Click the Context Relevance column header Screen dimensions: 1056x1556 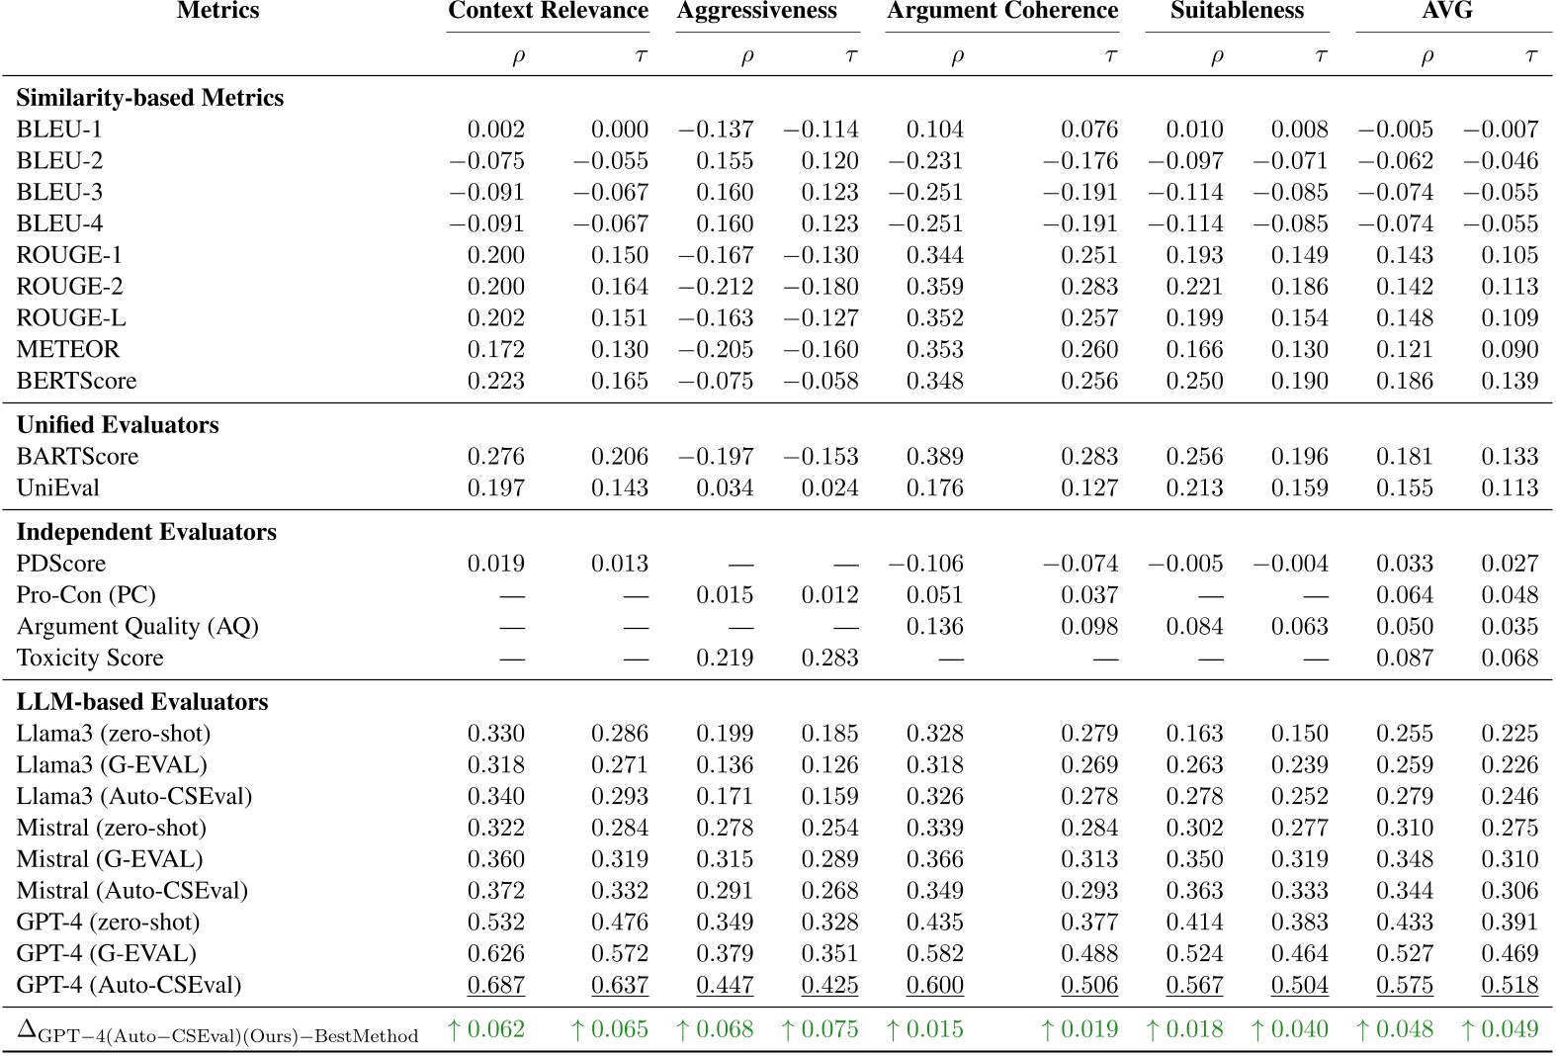[x=548, y=11]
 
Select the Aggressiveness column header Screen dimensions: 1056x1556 [x=757, y=11]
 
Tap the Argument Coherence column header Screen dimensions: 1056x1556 [x=1002, y=11]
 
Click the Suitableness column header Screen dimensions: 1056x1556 [x=1237, y=11]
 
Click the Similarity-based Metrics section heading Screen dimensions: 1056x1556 [x=150, y=98]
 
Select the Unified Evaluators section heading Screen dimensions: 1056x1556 [x=118, y=425]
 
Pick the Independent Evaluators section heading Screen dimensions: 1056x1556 [x=146, y=532]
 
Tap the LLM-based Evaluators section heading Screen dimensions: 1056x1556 [x=142, y=702]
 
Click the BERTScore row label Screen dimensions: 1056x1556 [x=76, y=381]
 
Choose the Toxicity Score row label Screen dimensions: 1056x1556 [x=90, y=658]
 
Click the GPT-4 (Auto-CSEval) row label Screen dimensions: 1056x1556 [x=129, y=985]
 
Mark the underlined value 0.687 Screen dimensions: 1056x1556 [x=495, y=985]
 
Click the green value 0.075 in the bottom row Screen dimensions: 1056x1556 [x=821, y=1029]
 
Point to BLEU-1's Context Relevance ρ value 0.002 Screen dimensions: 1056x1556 [x=495, y=130]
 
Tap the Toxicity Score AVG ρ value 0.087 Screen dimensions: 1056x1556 [x=1404, y=658]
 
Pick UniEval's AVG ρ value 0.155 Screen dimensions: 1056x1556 [x=1404, y=487]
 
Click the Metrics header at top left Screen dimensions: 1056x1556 [x=217, y=11]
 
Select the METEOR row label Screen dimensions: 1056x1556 [x=67, y=349]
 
